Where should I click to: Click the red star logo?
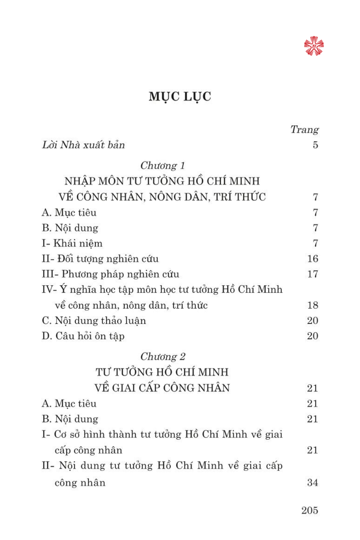[314, 46]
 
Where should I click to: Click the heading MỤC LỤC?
[180, 96]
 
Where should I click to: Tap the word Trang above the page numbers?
[305, 130]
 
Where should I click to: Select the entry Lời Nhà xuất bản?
[84, 145]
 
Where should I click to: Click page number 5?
[315, 145]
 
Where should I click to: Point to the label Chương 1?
[162, 166]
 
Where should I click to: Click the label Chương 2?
[163, 357]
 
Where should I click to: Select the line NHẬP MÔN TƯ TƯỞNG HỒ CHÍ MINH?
[162, 181]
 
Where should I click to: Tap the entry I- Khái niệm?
[72, 243]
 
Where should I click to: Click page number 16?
[312, 259]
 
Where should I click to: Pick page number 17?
[312, 274]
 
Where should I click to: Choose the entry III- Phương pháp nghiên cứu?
[111, 274]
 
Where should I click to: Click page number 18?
[312, 305]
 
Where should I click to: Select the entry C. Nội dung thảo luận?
[94, 321]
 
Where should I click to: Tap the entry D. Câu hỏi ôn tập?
[83, 336]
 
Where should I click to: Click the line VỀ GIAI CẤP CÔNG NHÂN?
[162, 388]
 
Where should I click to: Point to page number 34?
[312, 482]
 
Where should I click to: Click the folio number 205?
[310, 510]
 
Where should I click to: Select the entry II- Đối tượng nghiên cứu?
[100, 259]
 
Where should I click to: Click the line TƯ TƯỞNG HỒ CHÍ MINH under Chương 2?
[162, 372]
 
